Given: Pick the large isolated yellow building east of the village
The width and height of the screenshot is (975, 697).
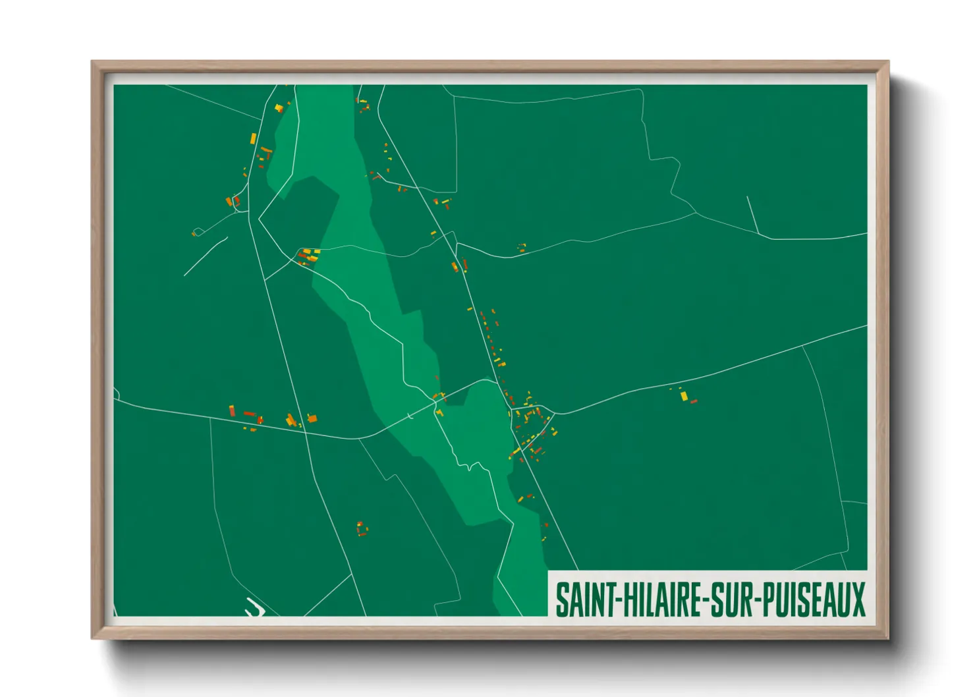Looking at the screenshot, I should pyautogui.click(x=684, y=395).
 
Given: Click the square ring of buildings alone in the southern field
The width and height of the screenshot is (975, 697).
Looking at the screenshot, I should pyautogui.click(x=361, y=528).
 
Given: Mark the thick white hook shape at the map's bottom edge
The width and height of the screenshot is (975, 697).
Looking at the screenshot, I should pyautogui.click(x=255, y=607).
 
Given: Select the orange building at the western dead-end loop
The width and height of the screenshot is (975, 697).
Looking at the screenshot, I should pyautogui.click(x=194, y=233).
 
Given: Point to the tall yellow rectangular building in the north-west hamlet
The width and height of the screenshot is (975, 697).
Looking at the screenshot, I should pyautogui.click(x=253, y=139).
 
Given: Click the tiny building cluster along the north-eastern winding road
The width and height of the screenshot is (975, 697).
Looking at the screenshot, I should pyautogui.click(x=522, y=248).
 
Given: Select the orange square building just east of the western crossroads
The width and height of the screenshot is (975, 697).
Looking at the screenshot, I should pyautogui.click(x=312, y=418).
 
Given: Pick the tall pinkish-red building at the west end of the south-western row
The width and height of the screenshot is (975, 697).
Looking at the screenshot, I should pyautogui.click(x=232, y=410).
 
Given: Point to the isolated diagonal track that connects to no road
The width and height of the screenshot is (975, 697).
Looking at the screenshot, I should pyautogui.click(x=206, y=256).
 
